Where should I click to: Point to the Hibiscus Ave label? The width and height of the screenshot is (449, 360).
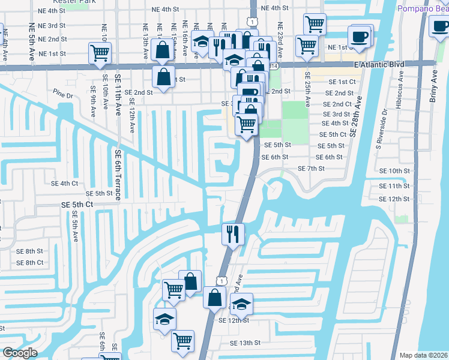click(400, 88)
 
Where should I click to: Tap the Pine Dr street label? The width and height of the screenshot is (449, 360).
click(62, 95)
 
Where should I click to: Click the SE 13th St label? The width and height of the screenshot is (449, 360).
click(246, 343)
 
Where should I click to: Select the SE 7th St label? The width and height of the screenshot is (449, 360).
click(311, 169)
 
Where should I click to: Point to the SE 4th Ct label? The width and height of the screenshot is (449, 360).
click(65, 183)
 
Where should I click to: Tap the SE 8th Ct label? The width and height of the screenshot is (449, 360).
click(29, 263)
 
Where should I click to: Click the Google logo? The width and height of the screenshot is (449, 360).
click(19, 353)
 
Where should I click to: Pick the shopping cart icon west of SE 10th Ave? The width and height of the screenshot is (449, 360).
click(100, 53)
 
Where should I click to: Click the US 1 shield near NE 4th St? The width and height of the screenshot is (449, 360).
click(254, 22)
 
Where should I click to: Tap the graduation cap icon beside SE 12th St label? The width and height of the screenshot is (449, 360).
click(241, 304)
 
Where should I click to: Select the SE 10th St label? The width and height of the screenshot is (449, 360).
click(399, 171)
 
